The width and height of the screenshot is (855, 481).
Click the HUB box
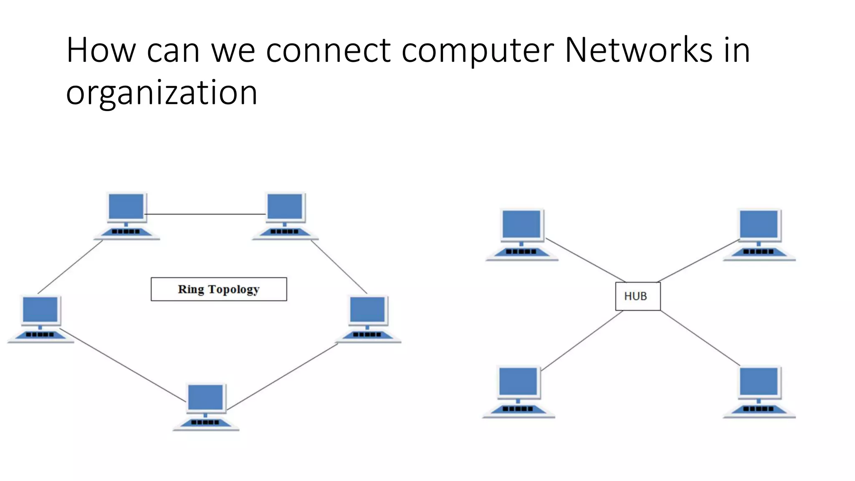637,296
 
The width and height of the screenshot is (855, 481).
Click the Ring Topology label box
219,289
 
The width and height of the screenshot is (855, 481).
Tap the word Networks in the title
638,50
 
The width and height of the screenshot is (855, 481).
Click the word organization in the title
162,93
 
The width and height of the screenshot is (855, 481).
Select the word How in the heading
101,50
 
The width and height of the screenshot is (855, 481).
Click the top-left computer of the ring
126,215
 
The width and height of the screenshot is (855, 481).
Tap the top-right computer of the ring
285,215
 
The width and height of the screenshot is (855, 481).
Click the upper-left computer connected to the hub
521,234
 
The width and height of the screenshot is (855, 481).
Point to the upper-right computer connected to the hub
759,234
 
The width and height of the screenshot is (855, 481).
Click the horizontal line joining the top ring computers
205,214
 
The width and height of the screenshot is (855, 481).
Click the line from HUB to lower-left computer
582,340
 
